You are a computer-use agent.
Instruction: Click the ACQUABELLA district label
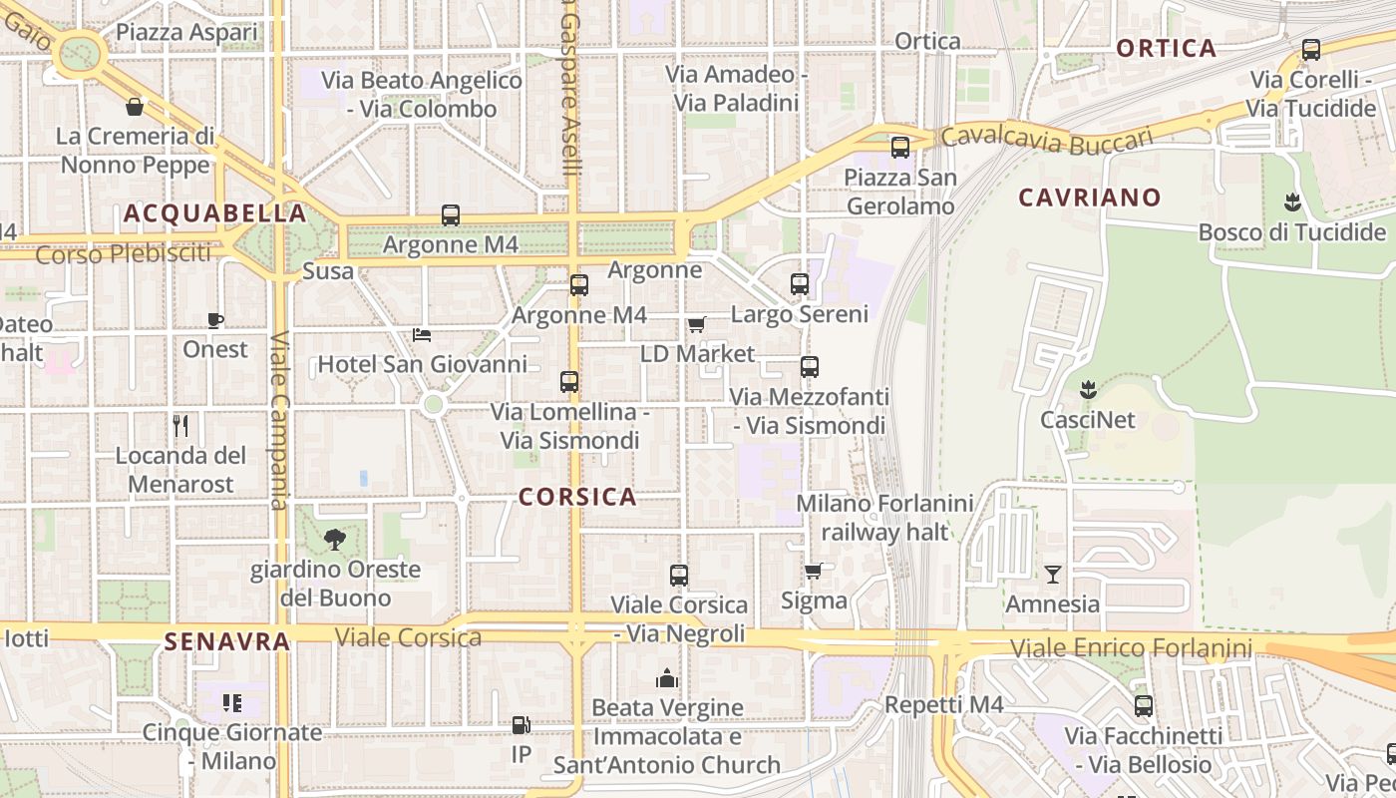(214, 213)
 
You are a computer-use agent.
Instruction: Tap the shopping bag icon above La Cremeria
(135, 107)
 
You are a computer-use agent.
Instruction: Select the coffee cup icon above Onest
(215, 320)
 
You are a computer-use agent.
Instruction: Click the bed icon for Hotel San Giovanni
(422, 335)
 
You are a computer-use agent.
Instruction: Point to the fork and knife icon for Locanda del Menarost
(180, 426)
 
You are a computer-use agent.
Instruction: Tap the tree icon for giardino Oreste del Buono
(334, 540)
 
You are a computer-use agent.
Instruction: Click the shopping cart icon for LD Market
(697, 325)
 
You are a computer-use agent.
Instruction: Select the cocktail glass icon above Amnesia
(1052, 575)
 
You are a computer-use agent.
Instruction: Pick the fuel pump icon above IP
(521, 725)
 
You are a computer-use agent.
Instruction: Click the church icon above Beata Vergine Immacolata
(667, 679)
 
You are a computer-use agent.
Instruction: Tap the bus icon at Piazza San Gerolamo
(900, 148)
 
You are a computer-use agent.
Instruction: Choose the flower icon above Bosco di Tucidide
(1292, 202)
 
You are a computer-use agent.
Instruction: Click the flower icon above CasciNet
(1088, 389)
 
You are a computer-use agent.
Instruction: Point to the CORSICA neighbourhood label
(577, 497)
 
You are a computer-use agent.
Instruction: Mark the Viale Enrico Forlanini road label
(1131, 648)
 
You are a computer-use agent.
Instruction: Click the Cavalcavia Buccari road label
(1046, 139)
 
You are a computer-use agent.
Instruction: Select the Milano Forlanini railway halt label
(883, 518)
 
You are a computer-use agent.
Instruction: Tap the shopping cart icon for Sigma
(814, 572)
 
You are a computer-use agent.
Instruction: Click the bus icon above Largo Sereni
(800, 284)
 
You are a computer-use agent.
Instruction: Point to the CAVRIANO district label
(1090, 198)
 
